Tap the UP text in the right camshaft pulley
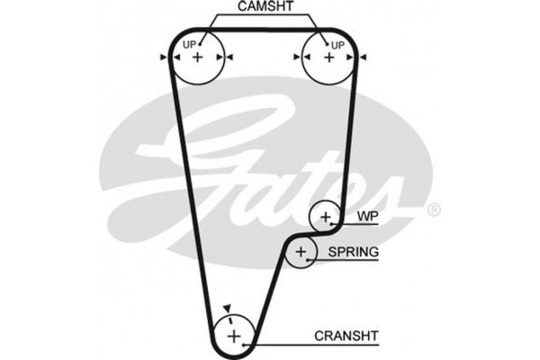click(x=337, y=44)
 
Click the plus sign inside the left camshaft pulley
click(x=198, y=57)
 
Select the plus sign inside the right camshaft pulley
click(x=328, y=57)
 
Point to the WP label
click(x=366, y=217)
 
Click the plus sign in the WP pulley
click(x=325, y=217)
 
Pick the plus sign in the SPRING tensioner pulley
click(x=301, y=253)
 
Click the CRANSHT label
click(x=346, y=337)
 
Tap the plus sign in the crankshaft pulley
click(x=234, y=337)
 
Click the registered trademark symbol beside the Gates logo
click(x=433, y=210)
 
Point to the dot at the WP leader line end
click(x=336, y=217)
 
